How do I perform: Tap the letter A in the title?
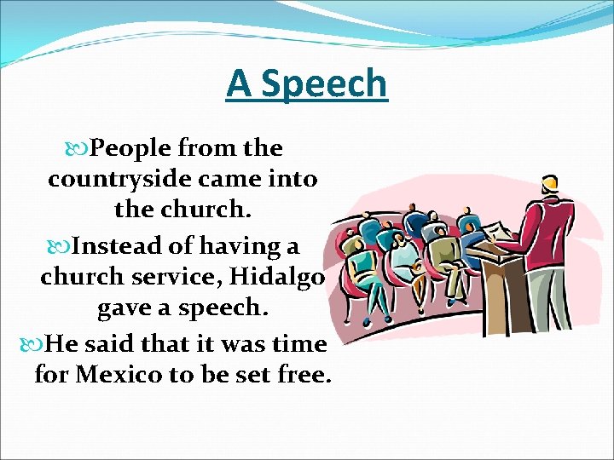240,84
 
